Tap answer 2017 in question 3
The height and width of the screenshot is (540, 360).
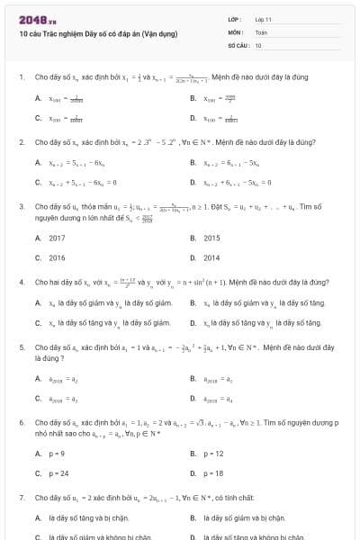57,238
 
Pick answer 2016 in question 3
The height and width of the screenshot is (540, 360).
57,257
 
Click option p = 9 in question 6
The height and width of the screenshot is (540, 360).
58,454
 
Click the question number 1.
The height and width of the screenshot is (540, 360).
21,77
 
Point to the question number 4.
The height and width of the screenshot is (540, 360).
21,282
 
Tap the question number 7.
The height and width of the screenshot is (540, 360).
21,497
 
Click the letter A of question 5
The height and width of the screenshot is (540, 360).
38,379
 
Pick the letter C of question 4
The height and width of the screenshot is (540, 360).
38,322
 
